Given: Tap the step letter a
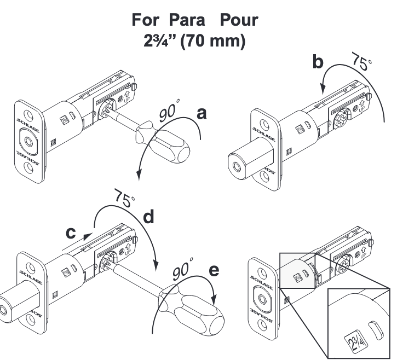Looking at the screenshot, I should coord(202,114).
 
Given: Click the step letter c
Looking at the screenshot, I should coord(71,232).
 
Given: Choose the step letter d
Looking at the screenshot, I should coord(148,218).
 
